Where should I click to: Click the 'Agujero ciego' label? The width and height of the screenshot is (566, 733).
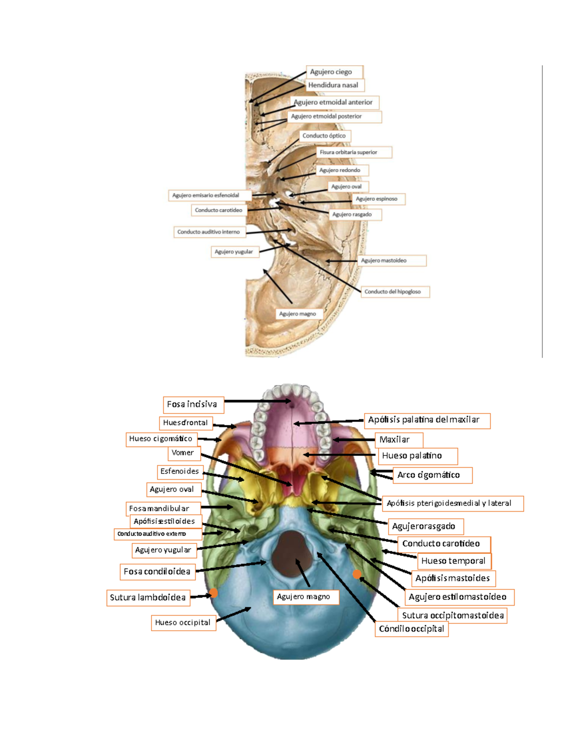tap(334, 72)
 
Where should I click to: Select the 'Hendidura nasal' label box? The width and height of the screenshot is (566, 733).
tap(335, 85)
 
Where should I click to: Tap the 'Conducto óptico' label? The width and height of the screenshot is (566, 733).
tap(325, 136)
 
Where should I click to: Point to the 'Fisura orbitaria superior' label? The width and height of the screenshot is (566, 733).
tap(354, 152)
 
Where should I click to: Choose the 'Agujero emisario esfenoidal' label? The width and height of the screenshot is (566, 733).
tap(209, 195)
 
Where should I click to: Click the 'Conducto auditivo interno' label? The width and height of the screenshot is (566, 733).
tap(209, 232)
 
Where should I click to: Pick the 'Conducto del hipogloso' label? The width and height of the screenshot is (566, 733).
tap(395, 292)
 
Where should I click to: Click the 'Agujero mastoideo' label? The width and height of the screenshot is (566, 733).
tap(392, 261)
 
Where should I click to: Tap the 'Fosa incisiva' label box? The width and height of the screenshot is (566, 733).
tap(193, 404)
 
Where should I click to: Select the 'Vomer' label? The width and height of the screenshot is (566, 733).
tap(183, 453)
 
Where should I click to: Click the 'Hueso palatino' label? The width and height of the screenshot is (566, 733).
tap(417, 456)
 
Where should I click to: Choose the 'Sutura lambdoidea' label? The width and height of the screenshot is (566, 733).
tap(148, 598)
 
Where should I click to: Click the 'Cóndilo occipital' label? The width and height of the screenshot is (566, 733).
tap(411, 629)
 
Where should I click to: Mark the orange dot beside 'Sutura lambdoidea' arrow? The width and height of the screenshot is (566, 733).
tap(213, 593)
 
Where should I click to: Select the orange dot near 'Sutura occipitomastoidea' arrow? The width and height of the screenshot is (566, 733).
tap(357, 574)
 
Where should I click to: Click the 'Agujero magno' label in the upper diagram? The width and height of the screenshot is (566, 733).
tap(298, 314)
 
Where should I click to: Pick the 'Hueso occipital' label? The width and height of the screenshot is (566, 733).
tap(183, 623)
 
